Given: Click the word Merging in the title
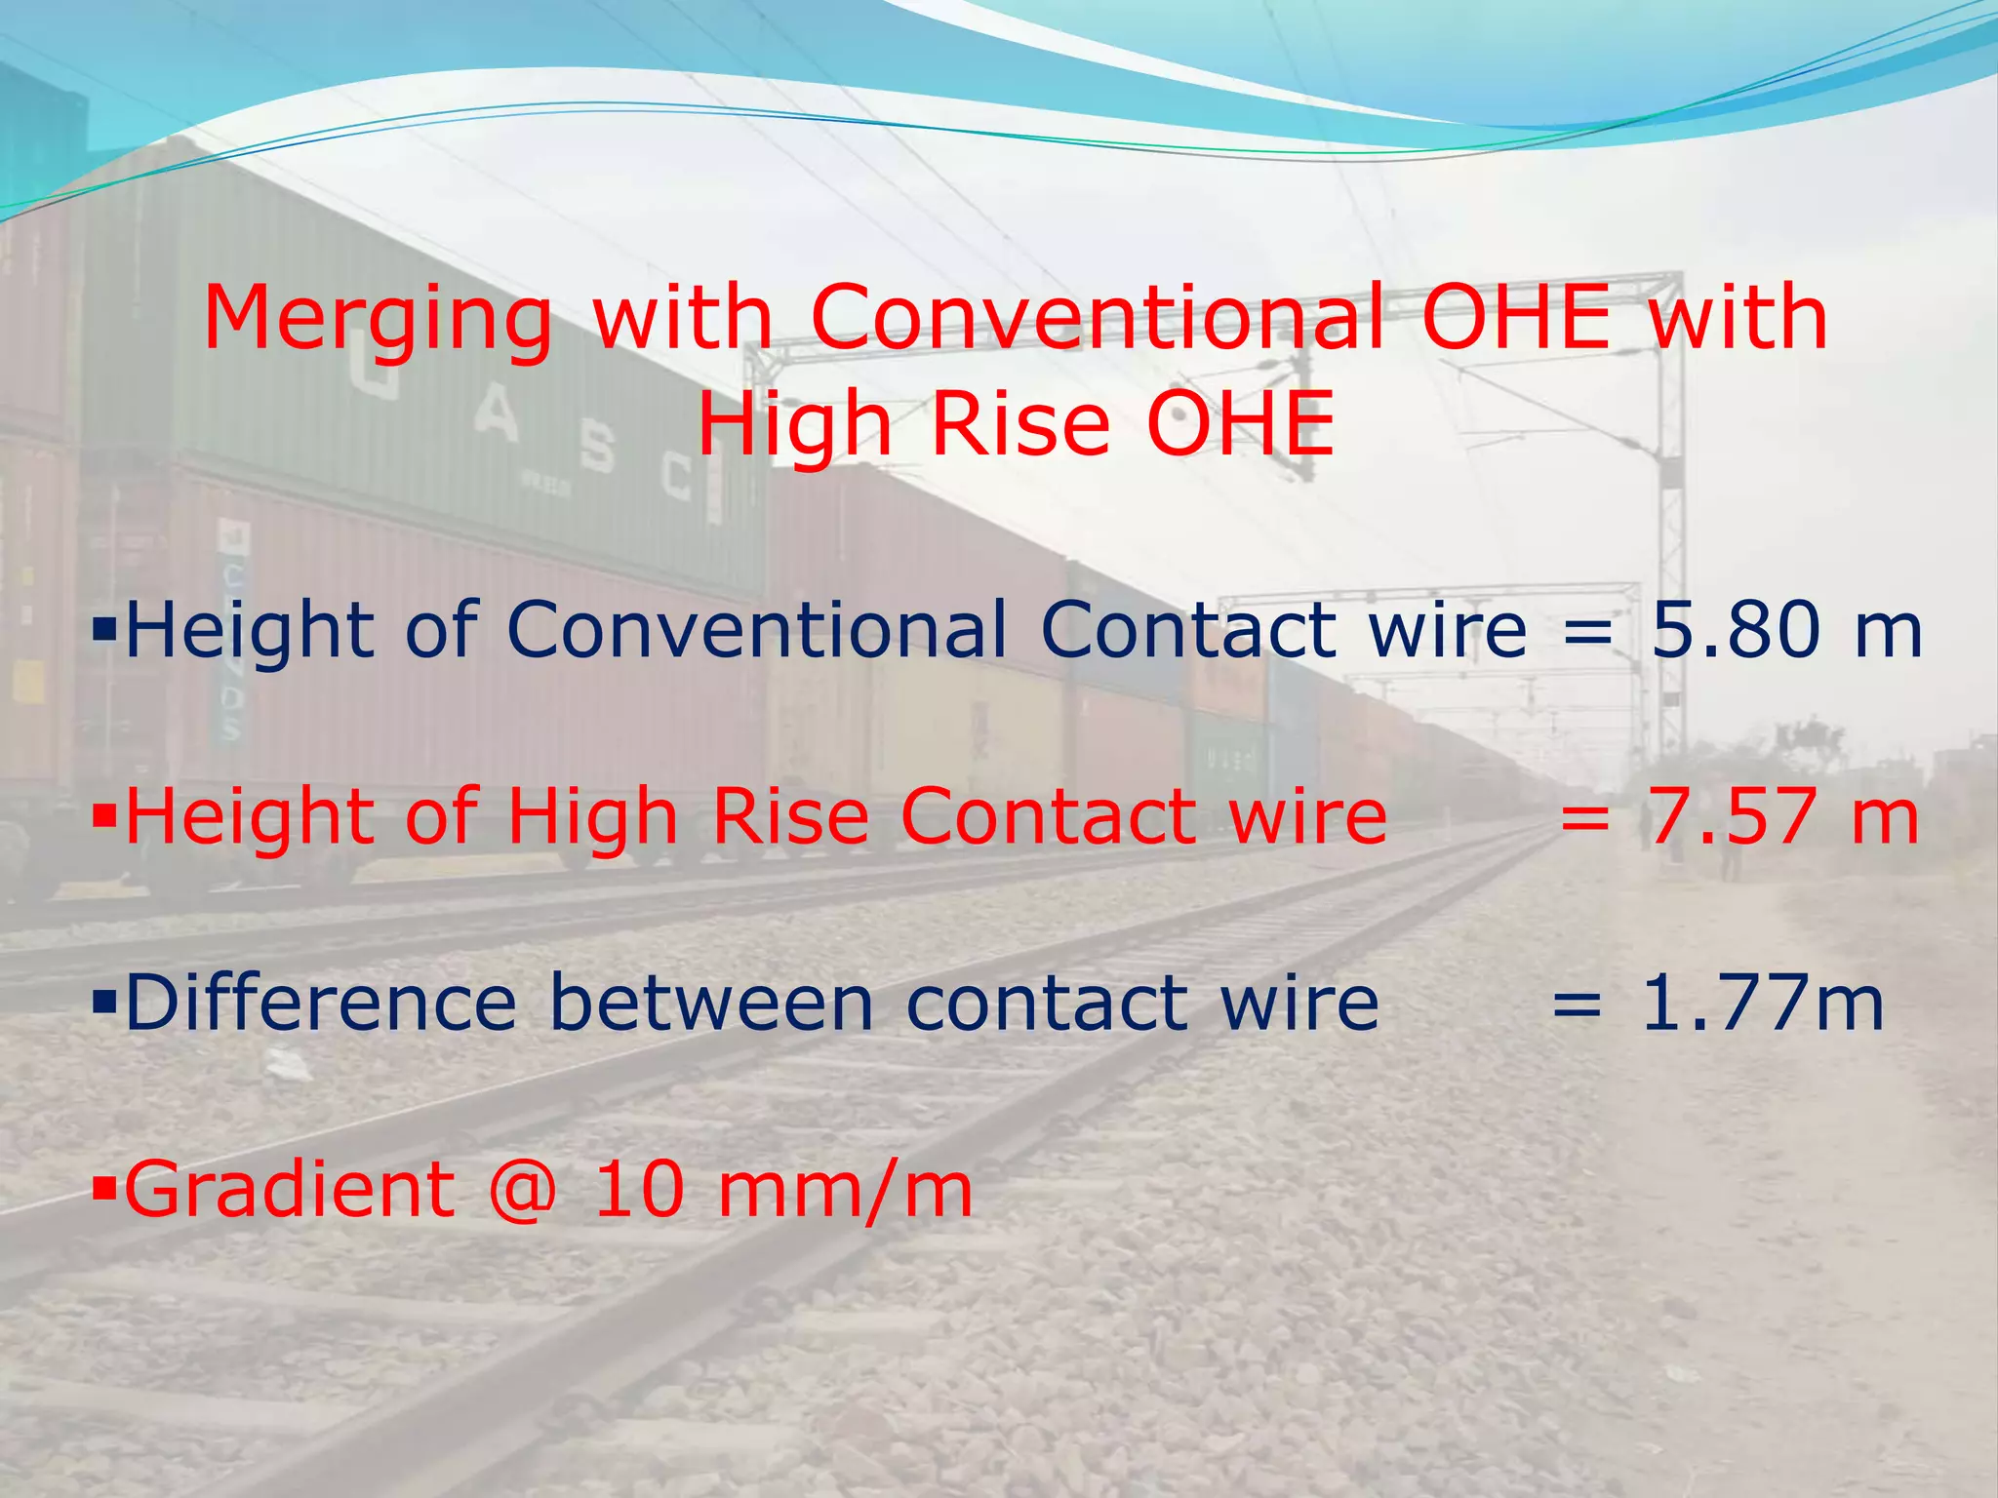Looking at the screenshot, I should (377, 320).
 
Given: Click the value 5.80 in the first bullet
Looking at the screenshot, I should (1736, 629).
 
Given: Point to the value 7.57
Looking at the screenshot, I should (1732, 816).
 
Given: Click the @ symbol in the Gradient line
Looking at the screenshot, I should (523, 1190).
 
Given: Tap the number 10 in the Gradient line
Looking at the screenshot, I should (640, 1190).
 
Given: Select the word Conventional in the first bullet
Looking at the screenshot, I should (757, 629).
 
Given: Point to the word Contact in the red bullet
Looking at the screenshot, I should (1048, 816).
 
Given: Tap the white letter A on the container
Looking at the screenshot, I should (497, 418).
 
